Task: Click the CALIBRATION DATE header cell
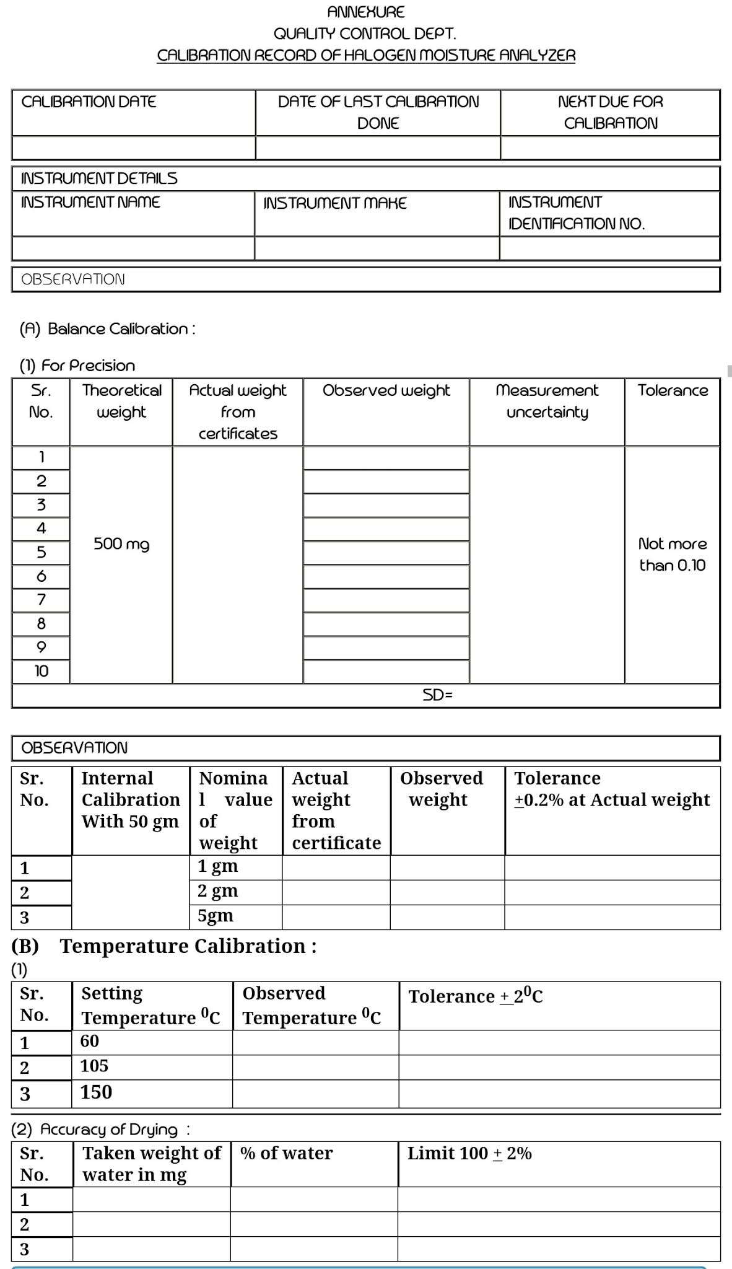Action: (x=89, y=102)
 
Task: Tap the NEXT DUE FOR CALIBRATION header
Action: (x=610, y=112)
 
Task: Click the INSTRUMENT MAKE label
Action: (x=335, y=203)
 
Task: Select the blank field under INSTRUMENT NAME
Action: (x=133, y=248)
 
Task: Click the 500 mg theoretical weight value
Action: (x=121, y=544)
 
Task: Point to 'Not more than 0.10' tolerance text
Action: (x=672, y=555)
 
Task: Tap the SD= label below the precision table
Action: (x=438, y=695)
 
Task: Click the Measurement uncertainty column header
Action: (x=547, y=401)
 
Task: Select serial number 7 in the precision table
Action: (x=41, y=600)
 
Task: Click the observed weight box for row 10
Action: (x=386, y=671)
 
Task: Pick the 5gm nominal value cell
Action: (x=216, y=916)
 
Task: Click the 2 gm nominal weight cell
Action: (x=217, y=891)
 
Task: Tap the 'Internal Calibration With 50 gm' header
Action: (x=130, y=800)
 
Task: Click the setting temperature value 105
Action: (x=94, y=1066)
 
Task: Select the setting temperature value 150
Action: (x=96, y=1092)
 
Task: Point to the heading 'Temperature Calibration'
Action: (x=188, y=946)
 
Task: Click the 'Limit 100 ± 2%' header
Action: (x=469, y=1154)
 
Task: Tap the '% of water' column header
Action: (x=286, y=1154)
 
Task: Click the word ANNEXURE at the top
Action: (x=365, y=12)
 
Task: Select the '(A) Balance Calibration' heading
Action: (x=107, y=328)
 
